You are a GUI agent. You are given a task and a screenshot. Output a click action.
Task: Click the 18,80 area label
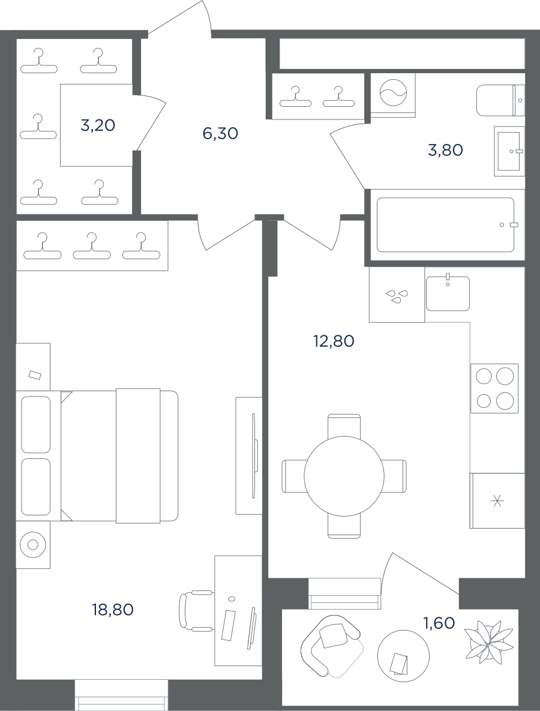click(x=113, y=610)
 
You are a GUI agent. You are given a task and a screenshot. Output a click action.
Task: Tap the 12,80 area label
click(x=333, y=341)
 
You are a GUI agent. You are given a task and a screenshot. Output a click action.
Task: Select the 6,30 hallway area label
click(x=220, y=134)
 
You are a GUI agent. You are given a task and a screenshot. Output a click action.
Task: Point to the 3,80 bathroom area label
click(x=445, y=150)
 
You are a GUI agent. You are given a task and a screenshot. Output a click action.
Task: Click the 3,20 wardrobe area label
click(x=97, y=125)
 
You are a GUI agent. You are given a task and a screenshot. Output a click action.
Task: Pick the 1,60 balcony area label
click(x=439, y=623)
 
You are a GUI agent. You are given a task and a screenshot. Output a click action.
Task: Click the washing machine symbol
click(x=393, y=95)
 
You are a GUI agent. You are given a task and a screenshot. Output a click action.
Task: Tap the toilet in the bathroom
click(x=500, y=100)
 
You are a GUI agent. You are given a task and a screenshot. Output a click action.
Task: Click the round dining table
click(x=344, y=476)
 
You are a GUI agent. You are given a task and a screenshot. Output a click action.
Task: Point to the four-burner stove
click(x=494, y=388)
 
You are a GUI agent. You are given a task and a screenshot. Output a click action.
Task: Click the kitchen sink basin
click(x=448, y=293)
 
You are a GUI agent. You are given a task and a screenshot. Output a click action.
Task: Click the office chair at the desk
click(x=196, y=611)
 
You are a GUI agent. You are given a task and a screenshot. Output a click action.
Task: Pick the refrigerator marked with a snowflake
click(x=497, y=500)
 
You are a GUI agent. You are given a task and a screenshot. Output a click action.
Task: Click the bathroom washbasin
click(x=509, y=151)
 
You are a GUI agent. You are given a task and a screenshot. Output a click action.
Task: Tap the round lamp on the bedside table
click(x=32, y=544)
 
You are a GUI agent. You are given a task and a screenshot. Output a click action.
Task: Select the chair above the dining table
click(x=344, y=425)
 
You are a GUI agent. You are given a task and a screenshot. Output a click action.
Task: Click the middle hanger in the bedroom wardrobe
click(x=92, y=248)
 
